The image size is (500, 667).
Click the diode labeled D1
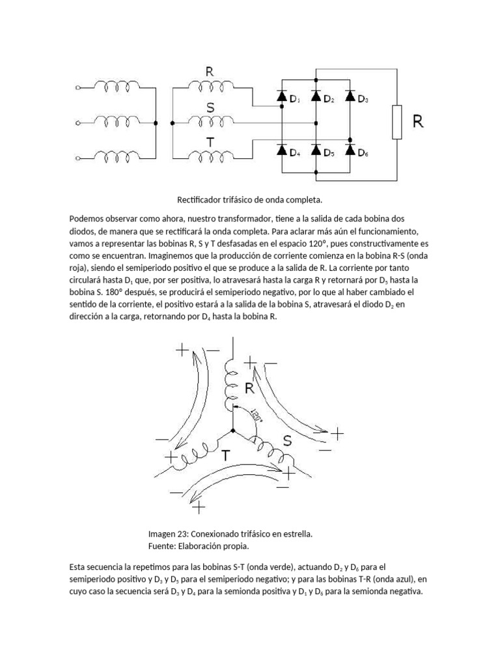point(282,97)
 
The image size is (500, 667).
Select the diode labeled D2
point(316,97)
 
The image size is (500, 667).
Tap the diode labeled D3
point(350,97)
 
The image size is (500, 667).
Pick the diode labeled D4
point(282,150)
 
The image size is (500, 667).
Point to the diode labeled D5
point(316,150)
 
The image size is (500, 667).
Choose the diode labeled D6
point(350,150)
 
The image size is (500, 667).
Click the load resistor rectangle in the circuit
point(396,122)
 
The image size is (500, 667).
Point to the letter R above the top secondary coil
point(210,72)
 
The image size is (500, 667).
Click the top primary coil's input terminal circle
point(79,87)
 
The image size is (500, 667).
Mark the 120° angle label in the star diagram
point(254,416)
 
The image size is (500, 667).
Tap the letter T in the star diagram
point(225,455)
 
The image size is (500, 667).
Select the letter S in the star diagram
point(287,440)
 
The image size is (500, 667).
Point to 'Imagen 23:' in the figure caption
point(168,533)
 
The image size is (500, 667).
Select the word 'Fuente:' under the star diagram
point(163,545)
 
